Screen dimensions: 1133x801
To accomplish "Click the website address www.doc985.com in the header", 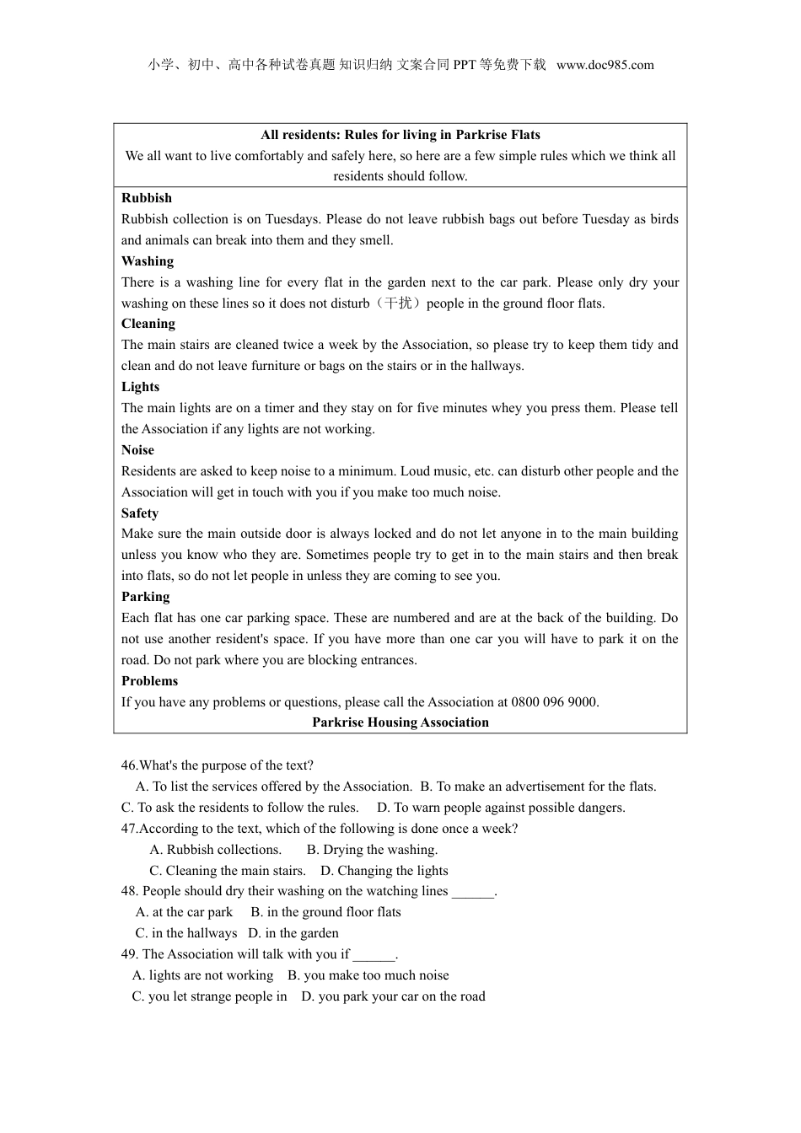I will tap(605, 65).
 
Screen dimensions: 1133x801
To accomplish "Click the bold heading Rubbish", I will tap(147, 198).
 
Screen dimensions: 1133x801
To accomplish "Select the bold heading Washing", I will tap(148, 261).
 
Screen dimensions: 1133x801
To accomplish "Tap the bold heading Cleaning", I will tap(148, 324).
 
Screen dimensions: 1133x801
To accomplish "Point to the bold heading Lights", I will tap(140, 387).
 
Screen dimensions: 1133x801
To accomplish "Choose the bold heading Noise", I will tap(137, 450).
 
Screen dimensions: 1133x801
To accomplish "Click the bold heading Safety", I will tap(140, 513).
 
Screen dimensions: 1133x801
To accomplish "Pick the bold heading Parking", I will tap(145, 597).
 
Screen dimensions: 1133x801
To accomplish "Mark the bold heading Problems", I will tap(149, 681).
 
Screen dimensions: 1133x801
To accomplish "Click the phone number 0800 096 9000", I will tap(555, 702).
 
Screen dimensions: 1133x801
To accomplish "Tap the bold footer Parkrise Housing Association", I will tap(400, 722).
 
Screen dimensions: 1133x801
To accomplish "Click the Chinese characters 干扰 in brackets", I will tap(398, 303).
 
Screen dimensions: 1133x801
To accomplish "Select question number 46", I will tap(129, 765).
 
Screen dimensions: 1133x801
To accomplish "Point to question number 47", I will tap(129, 829).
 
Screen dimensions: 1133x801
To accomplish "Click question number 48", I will tap(129, 891).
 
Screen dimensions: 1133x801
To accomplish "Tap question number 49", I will tap(129, 954).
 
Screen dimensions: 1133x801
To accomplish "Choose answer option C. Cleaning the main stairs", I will tap(228, 871).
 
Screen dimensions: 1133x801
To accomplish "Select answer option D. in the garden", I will tap(293, 933).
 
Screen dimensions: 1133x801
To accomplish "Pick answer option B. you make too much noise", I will tap(368, 975).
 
